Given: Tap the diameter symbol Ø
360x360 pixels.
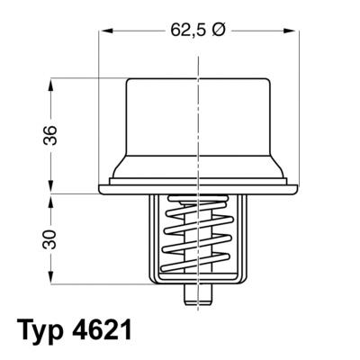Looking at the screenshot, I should click(x=220, y=29).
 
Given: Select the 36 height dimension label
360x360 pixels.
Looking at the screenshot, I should click(x=50, y=135).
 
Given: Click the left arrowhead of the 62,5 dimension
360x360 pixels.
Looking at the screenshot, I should click(x=102, y=30).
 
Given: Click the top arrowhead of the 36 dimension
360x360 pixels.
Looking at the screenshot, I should click(x=50, y=82).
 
